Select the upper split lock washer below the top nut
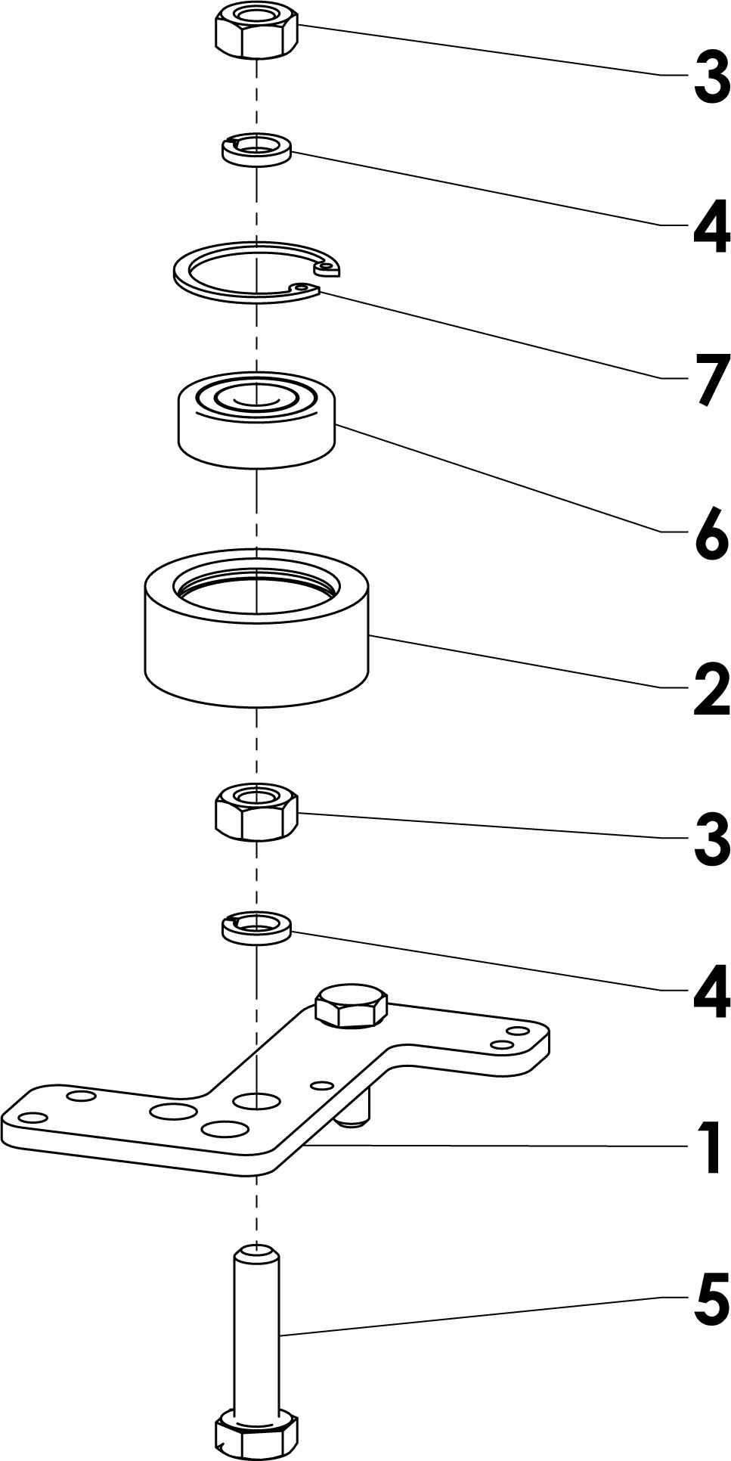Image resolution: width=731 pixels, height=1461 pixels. (x=257, y=149)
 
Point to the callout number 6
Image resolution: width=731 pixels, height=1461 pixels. (x=711, y=534)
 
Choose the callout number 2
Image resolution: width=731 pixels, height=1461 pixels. (x=711, y=688)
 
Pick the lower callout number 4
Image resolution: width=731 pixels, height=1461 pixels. (x=711, y=991)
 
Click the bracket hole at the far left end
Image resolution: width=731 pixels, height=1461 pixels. (x=32, y=1118)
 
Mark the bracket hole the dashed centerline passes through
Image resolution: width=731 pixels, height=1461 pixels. (x=257, y=1100)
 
